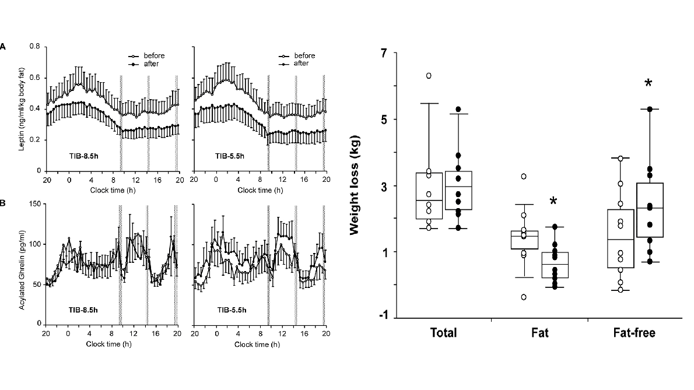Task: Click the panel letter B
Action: tap(3, 204)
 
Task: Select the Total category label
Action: tap(443, 333)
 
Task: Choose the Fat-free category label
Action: tap(634, 333)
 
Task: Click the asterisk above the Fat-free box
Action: tap(648, 84)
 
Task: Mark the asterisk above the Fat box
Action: tap(553, 202)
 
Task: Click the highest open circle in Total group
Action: tap(429, 75)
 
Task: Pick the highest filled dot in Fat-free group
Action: tap(648, 109)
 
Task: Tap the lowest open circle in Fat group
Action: tap(524, 297)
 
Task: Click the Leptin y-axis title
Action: tap(22, 108)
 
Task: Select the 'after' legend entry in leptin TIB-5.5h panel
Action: tap(300, 64)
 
